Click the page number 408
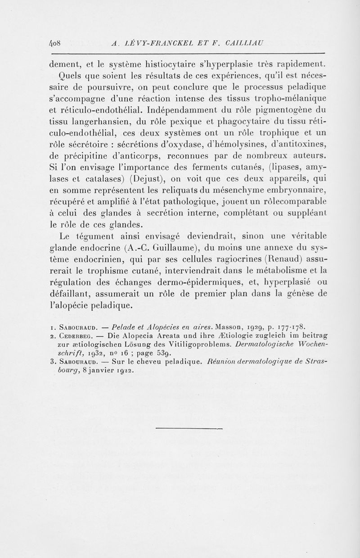click(x=56, y=44)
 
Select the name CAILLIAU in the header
click(x=248, y=44)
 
